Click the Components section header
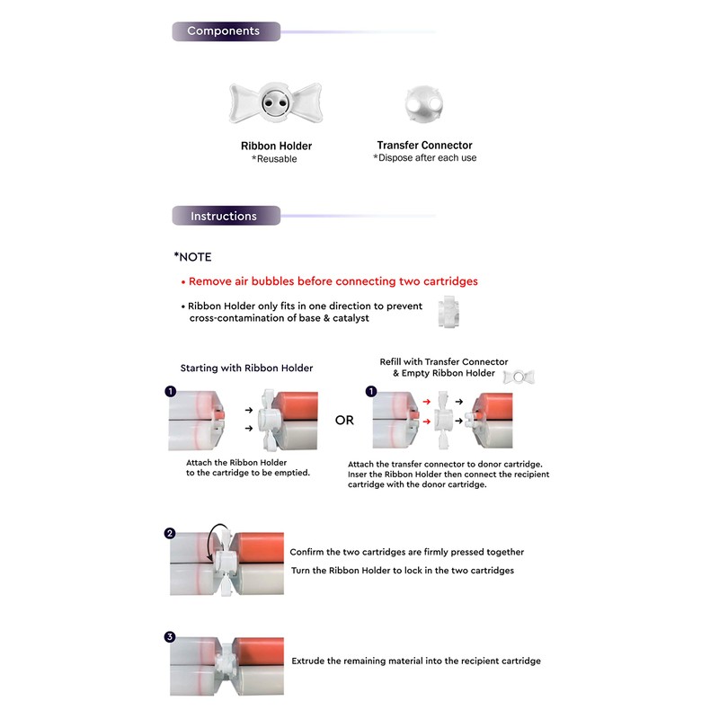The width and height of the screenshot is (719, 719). point(224,31)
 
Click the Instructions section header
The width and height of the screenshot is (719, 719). point(225,217)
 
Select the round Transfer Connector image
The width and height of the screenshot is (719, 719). point(424,105)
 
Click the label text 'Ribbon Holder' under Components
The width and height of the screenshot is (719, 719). point(276,146)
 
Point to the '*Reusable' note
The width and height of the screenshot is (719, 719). point(274,159)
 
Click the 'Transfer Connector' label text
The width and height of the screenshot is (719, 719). point(424,145)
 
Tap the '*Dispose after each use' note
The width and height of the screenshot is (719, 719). point(424,158)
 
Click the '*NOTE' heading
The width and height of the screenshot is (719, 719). point(193,257)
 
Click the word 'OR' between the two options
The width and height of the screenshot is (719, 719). point(344,420)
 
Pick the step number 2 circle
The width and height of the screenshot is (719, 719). point(170,533)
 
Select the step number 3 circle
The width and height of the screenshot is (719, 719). point(170,637)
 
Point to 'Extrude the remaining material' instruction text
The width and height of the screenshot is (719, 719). point(415,661)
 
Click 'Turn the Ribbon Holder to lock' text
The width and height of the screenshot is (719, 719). point(401,571)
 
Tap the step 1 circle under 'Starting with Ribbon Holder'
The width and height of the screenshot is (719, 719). point(170,391)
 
